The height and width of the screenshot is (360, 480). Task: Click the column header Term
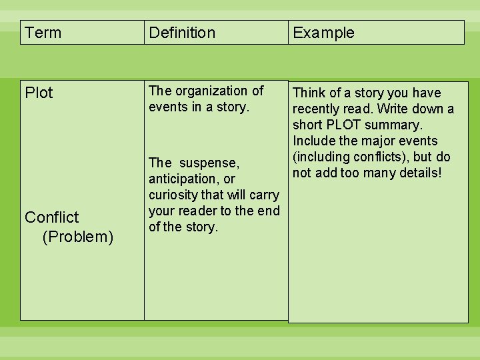click(43, 33)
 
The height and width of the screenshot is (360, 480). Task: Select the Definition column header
click(182, 33)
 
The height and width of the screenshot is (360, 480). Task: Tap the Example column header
click(323, 33)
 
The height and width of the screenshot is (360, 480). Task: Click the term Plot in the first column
click(39, 93)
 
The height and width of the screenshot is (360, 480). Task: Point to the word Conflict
click(51, 217)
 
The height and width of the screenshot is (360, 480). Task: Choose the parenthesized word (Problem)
click(77, 237)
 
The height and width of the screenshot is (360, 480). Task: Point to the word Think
click(310, 93)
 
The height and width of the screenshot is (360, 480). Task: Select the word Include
click(314, 141)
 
